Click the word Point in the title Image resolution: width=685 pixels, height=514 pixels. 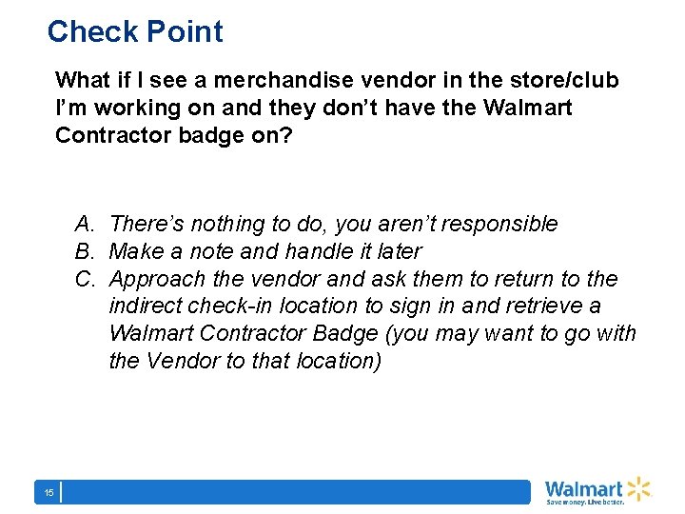coord(184,31)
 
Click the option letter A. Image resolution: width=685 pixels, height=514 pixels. coord(85,225)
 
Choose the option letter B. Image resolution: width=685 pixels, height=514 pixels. coord(85,252)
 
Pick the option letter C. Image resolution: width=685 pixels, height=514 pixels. coord(85,280)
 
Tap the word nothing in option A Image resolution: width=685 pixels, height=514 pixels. coord(227,225)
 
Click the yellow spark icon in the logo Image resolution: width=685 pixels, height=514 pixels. coord(638,488)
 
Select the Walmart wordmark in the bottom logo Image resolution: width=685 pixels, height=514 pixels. coord(584,488)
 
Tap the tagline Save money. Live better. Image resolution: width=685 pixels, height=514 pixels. coord(584,501)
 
